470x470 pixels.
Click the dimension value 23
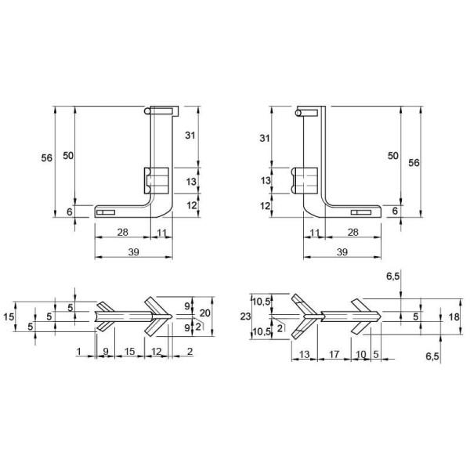pyautogui.click(x=245, y=316)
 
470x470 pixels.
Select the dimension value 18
pyautogui.click(x=454, y=316)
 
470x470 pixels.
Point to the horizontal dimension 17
pyautogui.click(x=334, y=355)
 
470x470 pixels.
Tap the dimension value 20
pyautogui.click(x=205, y=313)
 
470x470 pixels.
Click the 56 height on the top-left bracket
pyautogui.click(x=47, y=157)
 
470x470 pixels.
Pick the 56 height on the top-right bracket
pyautogui.click(x=414, y=163)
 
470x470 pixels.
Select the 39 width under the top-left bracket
pyautogui.click(x=134, y=252)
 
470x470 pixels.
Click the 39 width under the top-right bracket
pyautogui.click(x=342, y=252)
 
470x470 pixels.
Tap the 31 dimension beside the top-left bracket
pyautogui.click(x=190, y=136)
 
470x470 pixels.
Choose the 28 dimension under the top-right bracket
pyautogui.click(x=353, y=232)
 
